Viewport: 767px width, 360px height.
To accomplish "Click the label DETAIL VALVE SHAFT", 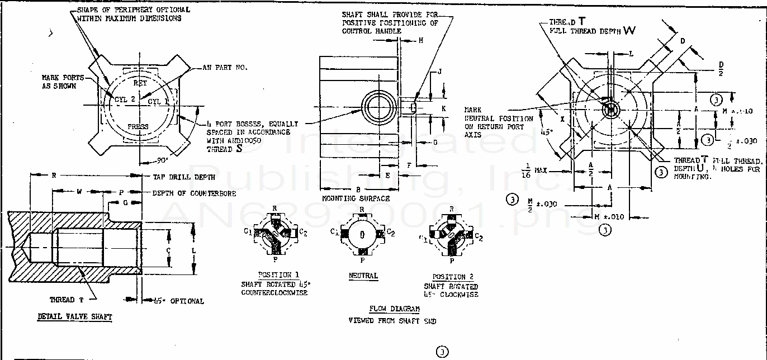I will (74, 317).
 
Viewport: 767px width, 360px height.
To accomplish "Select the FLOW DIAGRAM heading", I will (394, 309).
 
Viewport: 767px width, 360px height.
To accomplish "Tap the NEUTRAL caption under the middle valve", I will (363, 276).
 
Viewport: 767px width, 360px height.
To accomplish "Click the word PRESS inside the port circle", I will (138, 126).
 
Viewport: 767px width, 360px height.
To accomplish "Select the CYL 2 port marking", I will (125, 99).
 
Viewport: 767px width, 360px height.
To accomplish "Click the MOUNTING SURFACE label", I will (356, 198).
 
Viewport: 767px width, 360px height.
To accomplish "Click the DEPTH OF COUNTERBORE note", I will (193, 193).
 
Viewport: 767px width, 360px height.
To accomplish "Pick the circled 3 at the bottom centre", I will (442, 352).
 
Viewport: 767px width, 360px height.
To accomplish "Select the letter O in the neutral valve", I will (362, 234).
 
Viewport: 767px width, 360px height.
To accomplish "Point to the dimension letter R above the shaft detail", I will (54, 176).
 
